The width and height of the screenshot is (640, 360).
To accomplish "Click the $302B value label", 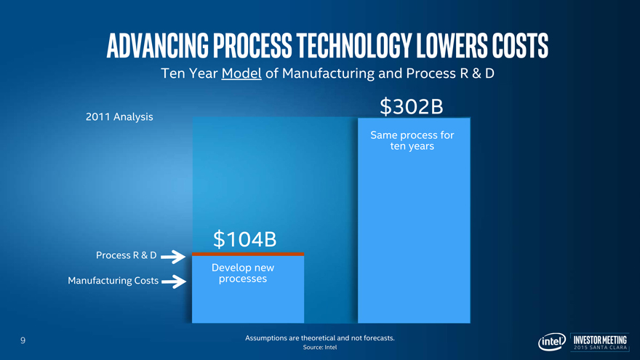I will pyautogui.click(x=412, y=107).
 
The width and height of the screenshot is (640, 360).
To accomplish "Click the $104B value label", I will pyautogui.click(x=245, y=238).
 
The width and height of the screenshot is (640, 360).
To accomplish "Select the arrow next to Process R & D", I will pyautogui.click(x=172, y=256).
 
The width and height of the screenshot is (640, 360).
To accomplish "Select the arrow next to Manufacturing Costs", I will pyautogui.click(x=173, y=281).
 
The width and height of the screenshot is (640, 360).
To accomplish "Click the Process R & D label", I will pyautogui.click(x=126, y=255).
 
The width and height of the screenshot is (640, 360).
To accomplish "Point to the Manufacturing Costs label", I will pyautogui.click(x=113, y=281).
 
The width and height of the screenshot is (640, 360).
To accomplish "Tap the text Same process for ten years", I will pyautogui.click(x=412, y=140).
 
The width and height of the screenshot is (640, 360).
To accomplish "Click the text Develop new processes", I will pyautogui.click(x=242, y=273).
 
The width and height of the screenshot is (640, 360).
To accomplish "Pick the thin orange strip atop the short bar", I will pyautogui.click(x=247, y=254).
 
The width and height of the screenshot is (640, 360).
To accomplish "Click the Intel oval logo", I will pyautogui.click(x=551, y=343).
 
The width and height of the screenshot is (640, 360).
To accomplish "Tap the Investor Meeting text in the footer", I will pyautogui.click(x=600, y=338).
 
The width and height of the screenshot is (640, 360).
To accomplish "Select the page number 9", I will pyautogui.click(x=23, y=340).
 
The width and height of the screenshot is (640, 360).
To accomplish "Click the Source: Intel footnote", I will pyautogui.click(x=320, y=348).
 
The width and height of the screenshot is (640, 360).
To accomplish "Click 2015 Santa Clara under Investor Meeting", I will pyautogui.click(x=600, y=348).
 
